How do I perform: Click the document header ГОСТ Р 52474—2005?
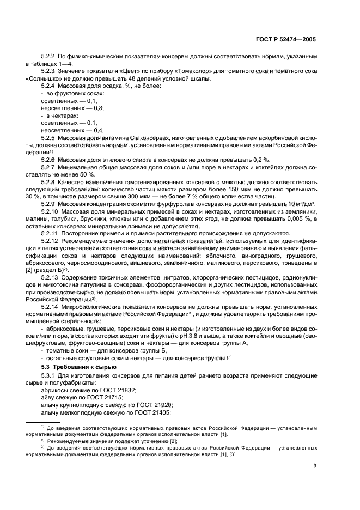click(x=288, y=40)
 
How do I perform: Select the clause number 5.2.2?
click(x=49, y=57)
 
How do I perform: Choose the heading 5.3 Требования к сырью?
click(x=76, y=366)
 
